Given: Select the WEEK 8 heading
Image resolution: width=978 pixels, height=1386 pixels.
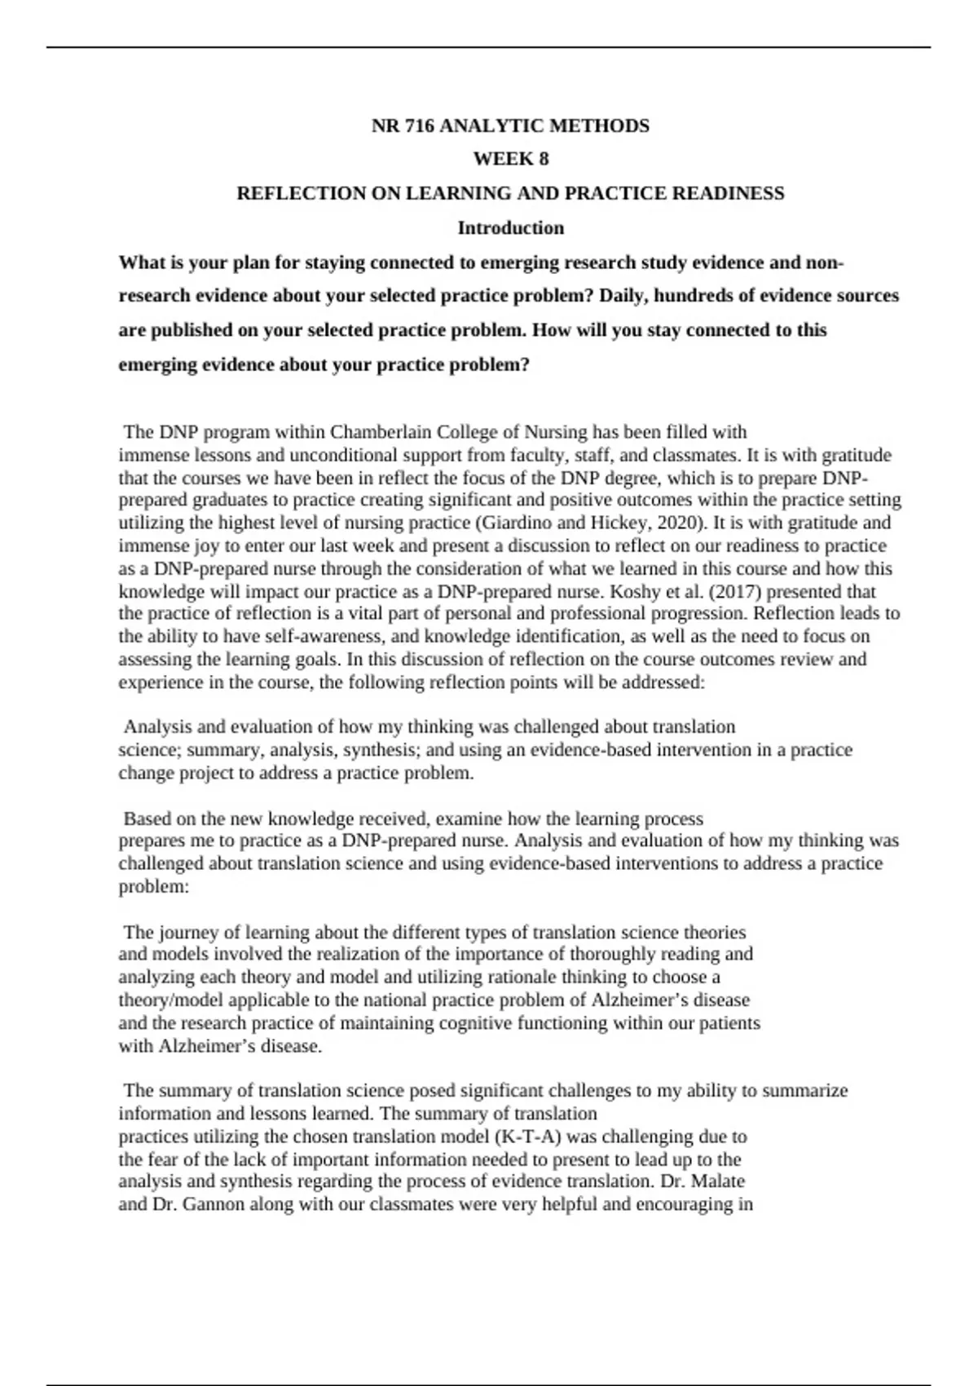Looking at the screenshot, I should tap(511, 159).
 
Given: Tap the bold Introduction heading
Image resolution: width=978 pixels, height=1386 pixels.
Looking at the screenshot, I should tap(511, 227).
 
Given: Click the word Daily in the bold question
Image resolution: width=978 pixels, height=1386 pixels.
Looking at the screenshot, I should tap(622, 295).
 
